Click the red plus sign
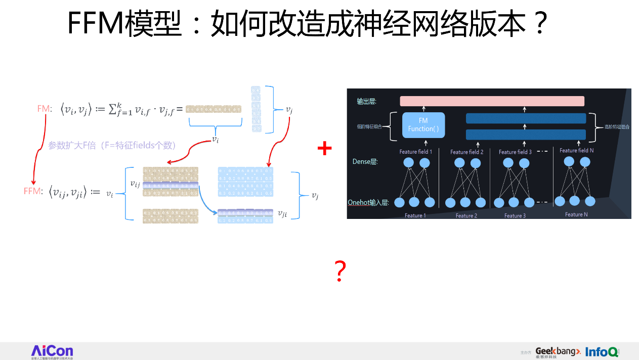(x=324, y=148)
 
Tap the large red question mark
(x=340, y=272)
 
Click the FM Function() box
(x=423, y=125)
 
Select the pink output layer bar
(x=492, y=101)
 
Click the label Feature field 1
(x=415, y=152)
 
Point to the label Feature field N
(x=576, y=150)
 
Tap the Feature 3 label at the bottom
(x=515, y=216)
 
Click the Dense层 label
(x=365, y=162)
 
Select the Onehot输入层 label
(x=368, y=203)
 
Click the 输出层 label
(x=366, y=102)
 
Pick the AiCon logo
(x=52, y=351)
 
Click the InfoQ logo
(x=602, y=351)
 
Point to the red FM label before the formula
(x=44, y=109)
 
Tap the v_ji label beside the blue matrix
(x=282, y=214)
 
